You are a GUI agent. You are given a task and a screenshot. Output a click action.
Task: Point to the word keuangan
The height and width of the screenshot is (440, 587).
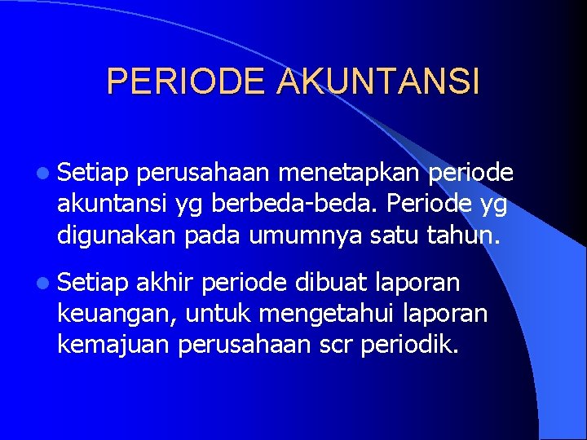(117, 314)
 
